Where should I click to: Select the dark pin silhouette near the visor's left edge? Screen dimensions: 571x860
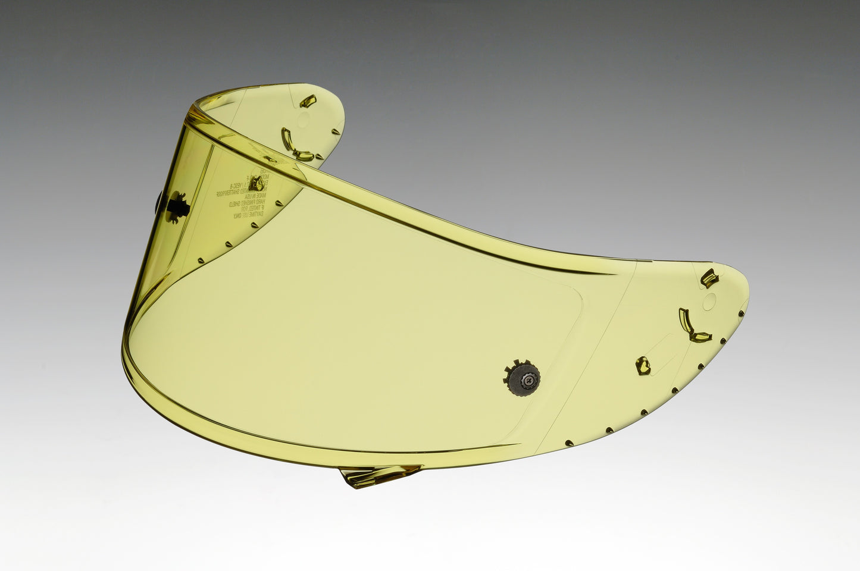pyautogui.click(x=177, y=206)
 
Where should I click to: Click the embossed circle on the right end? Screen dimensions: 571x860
pyautogui.click(x=711, y=300)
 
